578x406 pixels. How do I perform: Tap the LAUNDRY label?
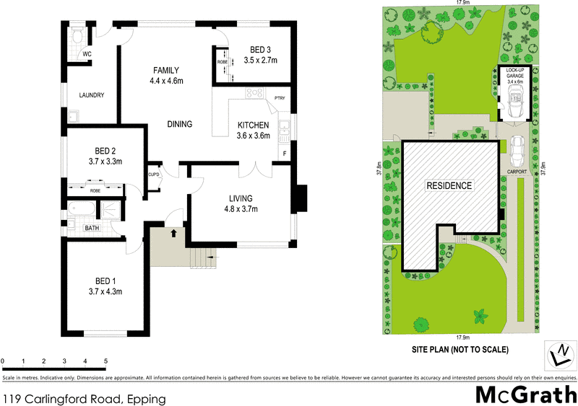pos(92,95)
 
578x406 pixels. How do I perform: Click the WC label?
pos(86,54)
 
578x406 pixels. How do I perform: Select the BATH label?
pos(92,228)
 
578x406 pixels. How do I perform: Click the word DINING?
pos(179,124)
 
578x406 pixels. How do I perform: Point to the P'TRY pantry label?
pos(279,99)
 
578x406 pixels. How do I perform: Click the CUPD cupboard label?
pos(153,175)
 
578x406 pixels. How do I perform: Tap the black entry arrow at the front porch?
pos(173,233)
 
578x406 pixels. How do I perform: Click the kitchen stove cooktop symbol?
pos(254,93)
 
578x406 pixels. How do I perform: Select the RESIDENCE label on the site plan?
pos(449,185)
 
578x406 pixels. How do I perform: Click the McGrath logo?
pos(526,394)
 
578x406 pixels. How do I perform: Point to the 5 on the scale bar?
pos(106,361)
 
